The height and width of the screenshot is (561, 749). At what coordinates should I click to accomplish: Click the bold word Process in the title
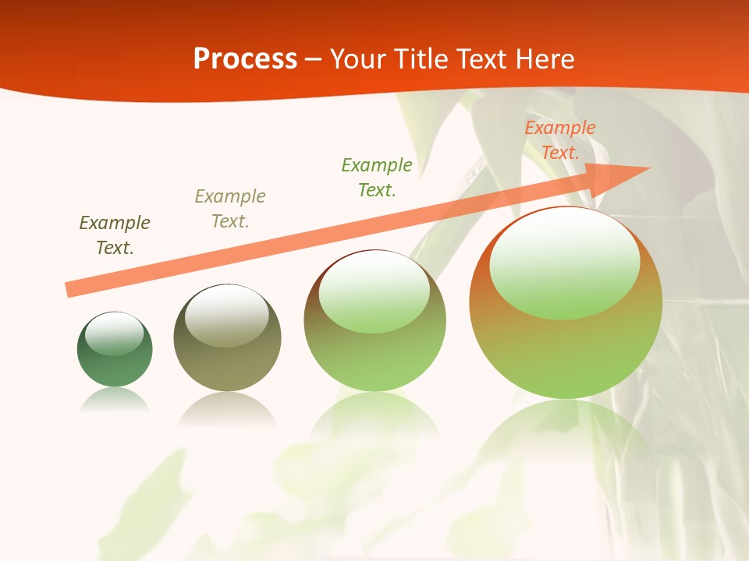(245, 59)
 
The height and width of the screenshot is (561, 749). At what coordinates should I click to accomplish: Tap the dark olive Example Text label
(115, 235)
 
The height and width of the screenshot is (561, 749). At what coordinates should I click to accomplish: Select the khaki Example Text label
(230, 209)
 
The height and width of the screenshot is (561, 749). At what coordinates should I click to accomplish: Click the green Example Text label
(377, 178)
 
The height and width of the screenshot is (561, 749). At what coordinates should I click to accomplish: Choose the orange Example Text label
(560, 140)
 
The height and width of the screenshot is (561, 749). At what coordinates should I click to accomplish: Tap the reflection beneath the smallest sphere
(115, 399)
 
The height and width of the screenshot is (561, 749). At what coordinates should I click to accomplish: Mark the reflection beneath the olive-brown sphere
(227, 408)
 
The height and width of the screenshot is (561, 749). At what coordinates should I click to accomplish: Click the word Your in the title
(356, 59)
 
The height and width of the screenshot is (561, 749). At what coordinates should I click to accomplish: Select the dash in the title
(314, 59)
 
